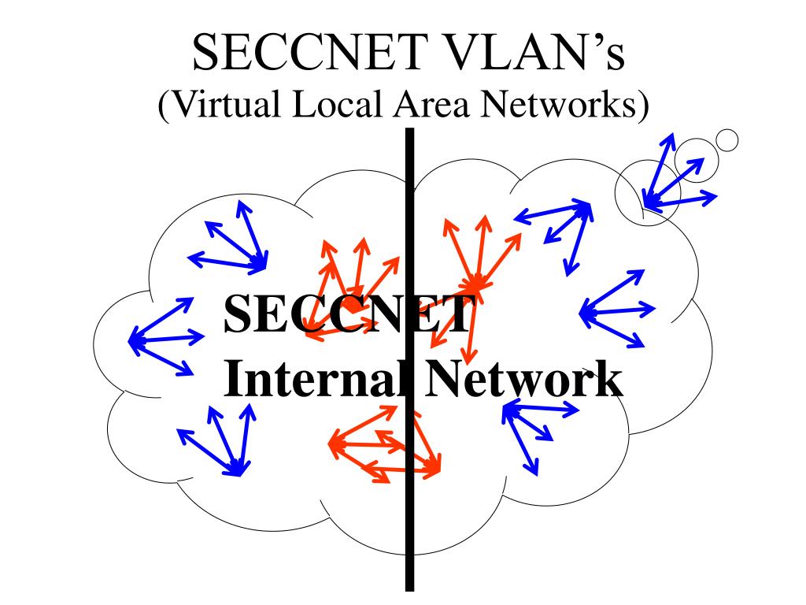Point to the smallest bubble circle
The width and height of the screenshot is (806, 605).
[728, 139]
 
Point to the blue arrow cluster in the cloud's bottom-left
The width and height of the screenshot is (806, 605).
[220, 441]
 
